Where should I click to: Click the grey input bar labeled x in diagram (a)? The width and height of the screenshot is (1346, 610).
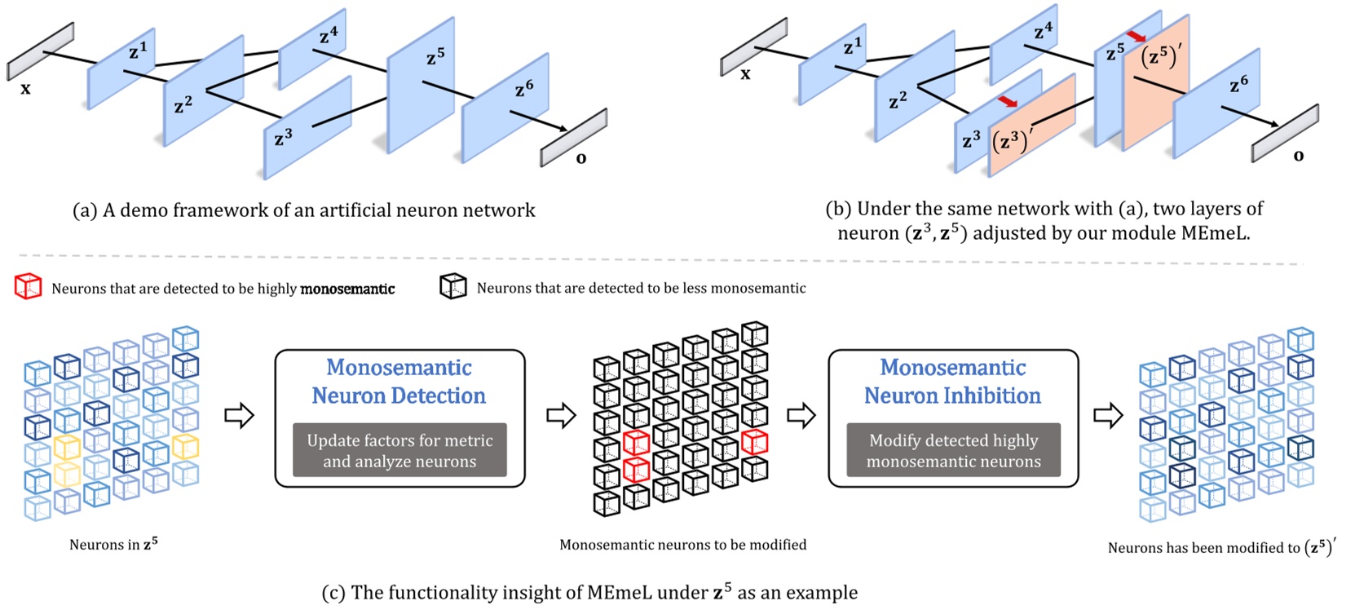tap(41, 51)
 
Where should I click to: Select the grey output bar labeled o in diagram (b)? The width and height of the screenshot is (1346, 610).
tap(1286, 133)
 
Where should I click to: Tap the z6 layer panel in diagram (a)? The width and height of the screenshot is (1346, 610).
tap(503, 108)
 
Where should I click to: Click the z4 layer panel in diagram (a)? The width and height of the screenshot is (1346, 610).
tap(312, 49)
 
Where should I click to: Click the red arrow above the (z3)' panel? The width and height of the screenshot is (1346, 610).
tap(1008, 101)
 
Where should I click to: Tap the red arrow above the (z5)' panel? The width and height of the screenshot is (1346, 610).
tap(1136, 37)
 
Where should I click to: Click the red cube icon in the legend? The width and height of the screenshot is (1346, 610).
tap(28, 287)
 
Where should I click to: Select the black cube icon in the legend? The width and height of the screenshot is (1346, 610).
tap(453, 286)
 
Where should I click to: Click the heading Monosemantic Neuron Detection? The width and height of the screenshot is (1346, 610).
tap(399, 382)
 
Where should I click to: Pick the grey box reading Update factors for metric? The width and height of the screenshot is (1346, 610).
tap(399, 450)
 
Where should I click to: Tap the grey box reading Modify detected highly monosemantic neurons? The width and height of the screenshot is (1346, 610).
tap(953, 450)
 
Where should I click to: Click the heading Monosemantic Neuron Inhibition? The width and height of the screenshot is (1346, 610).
tap(952, 382)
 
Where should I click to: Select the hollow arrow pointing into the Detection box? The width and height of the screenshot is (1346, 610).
tap(240, 415)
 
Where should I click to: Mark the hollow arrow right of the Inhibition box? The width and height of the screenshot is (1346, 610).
tap(1108, 415)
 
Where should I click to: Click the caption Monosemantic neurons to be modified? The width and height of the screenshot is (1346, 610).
tap(682, 545)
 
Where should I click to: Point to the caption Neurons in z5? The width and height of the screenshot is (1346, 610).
tap(113, 545)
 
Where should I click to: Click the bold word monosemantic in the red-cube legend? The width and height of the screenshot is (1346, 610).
tap(347, 289)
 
